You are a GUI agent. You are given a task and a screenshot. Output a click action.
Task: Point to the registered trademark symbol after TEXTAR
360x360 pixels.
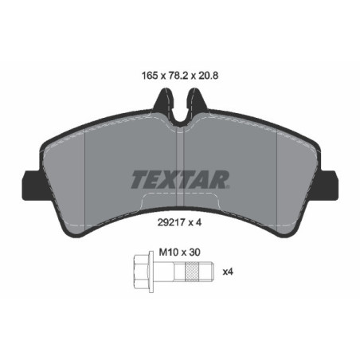pyautogui.click(x=230, y=170)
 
